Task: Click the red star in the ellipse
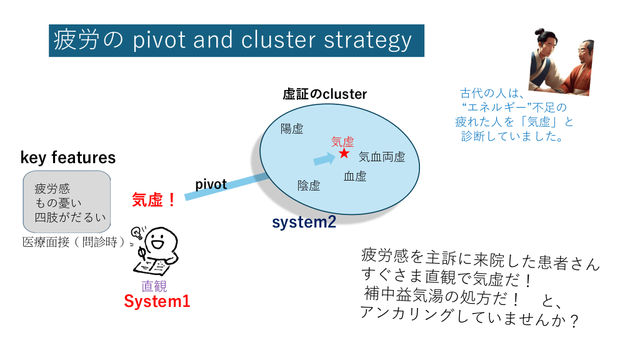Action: [x=344, y=153]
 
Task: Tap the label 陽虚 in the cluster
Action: [x=292, y=129]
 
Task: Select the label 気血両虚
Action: [x=382, y=157]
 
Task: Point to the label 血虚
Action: [x=355, y=176]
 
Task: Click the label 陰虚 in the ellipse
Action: [x=309, y=186]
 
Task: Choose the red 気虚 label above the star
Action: [x=342, y=142]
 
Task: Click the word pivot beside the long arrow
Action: [x=211, y=184]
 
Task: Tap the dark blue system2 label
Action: [x=304, y=222]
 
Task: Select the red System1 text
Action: [x=157, y=301]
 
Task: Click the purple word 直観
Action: [x=154, y=286]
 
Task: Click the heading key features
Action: [x=68, y=157]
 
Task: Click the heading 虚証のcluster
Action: [x=324, y=94]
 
